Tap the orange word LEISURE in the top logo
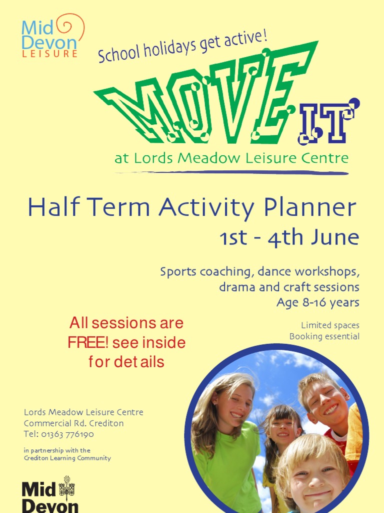(49, 54)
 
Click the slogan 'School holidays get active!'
(182, 47)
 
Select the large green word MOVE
(200, 100)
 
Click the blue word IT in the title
(327, 123)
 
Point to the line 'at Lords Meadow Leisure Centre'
(231, 159)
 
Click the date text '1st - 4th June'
(289, 238)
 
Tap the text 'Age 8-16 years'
(317, 303)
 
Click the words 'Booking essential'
(324, 336)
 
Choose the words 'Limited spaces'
(330, 326)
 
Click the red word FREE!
(88, 343)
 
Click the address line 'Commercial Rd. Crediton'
(73, 423)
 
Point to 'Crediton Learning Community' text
(67, 458)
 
